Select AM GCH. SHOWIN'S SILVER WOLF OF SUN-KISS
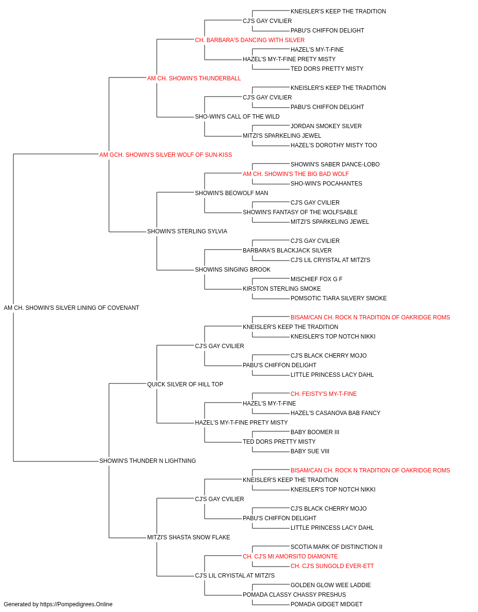(x=165, y=155)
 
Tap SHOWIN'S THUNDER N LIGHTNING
(x=148, y=461)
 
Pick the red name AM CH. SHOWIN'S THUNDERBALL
(x=194, y=78)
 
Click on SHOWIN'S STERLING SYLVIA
(x=187, y=231)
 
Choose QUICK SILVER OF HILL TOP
(x=185, y=384)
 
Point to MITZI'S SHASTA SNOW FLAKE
(x=189, y=537)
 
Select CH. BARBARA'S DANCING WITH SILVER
(x=250, y=40)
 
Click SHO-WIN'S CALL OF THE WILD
(x=237, y=117)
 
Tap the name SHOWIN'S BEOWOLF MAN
(x=231, y=193)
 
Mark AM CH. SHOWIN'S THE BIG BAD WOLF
(x=296, y=174)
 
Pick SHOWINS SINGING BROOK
(x=233, y=270)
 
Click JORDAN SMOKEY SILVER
(x=326, y=126)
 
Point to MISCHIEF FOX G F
(x=316, y=279)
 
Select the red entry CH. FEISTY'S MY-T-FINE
(x=324, y=393)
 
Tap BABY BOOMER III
(x=315, y=432)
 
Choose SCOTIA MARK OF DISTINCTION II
(x=337, y=546)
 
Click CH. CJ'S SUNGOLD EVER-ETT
(x=332, y=566)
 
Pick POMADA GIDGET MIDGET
(x=326, y=604)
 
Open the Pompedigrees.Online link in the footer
(x=76, y=604)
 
